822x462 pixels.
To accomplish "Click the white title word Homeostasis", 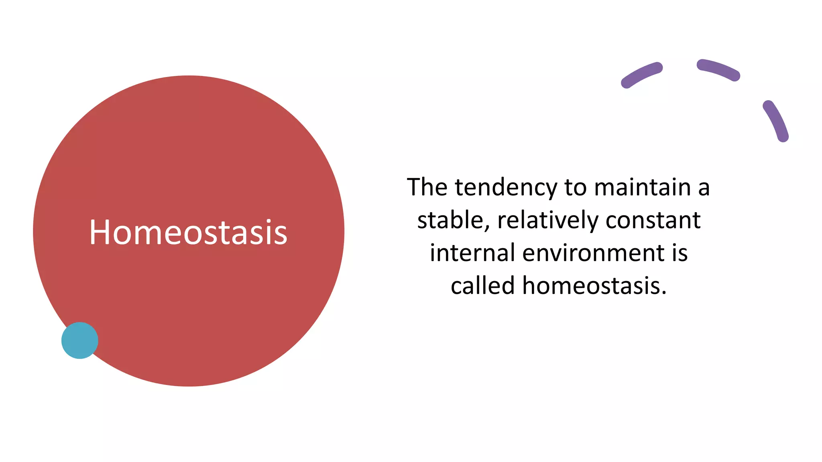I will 188,232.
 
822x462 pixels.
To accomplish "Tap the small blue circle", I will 80,340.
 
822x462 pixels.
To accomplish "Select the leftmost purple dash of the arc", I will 641,75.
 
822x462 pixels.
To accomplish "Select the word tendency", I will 506,188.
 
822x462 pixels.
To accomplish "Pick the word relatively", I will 548,221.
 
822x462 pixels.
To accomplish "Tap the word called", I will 482,286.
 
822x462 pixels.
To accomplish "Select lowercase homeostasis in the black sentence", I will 594,286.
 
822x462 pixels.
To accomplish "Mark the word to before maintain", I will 576,188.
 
